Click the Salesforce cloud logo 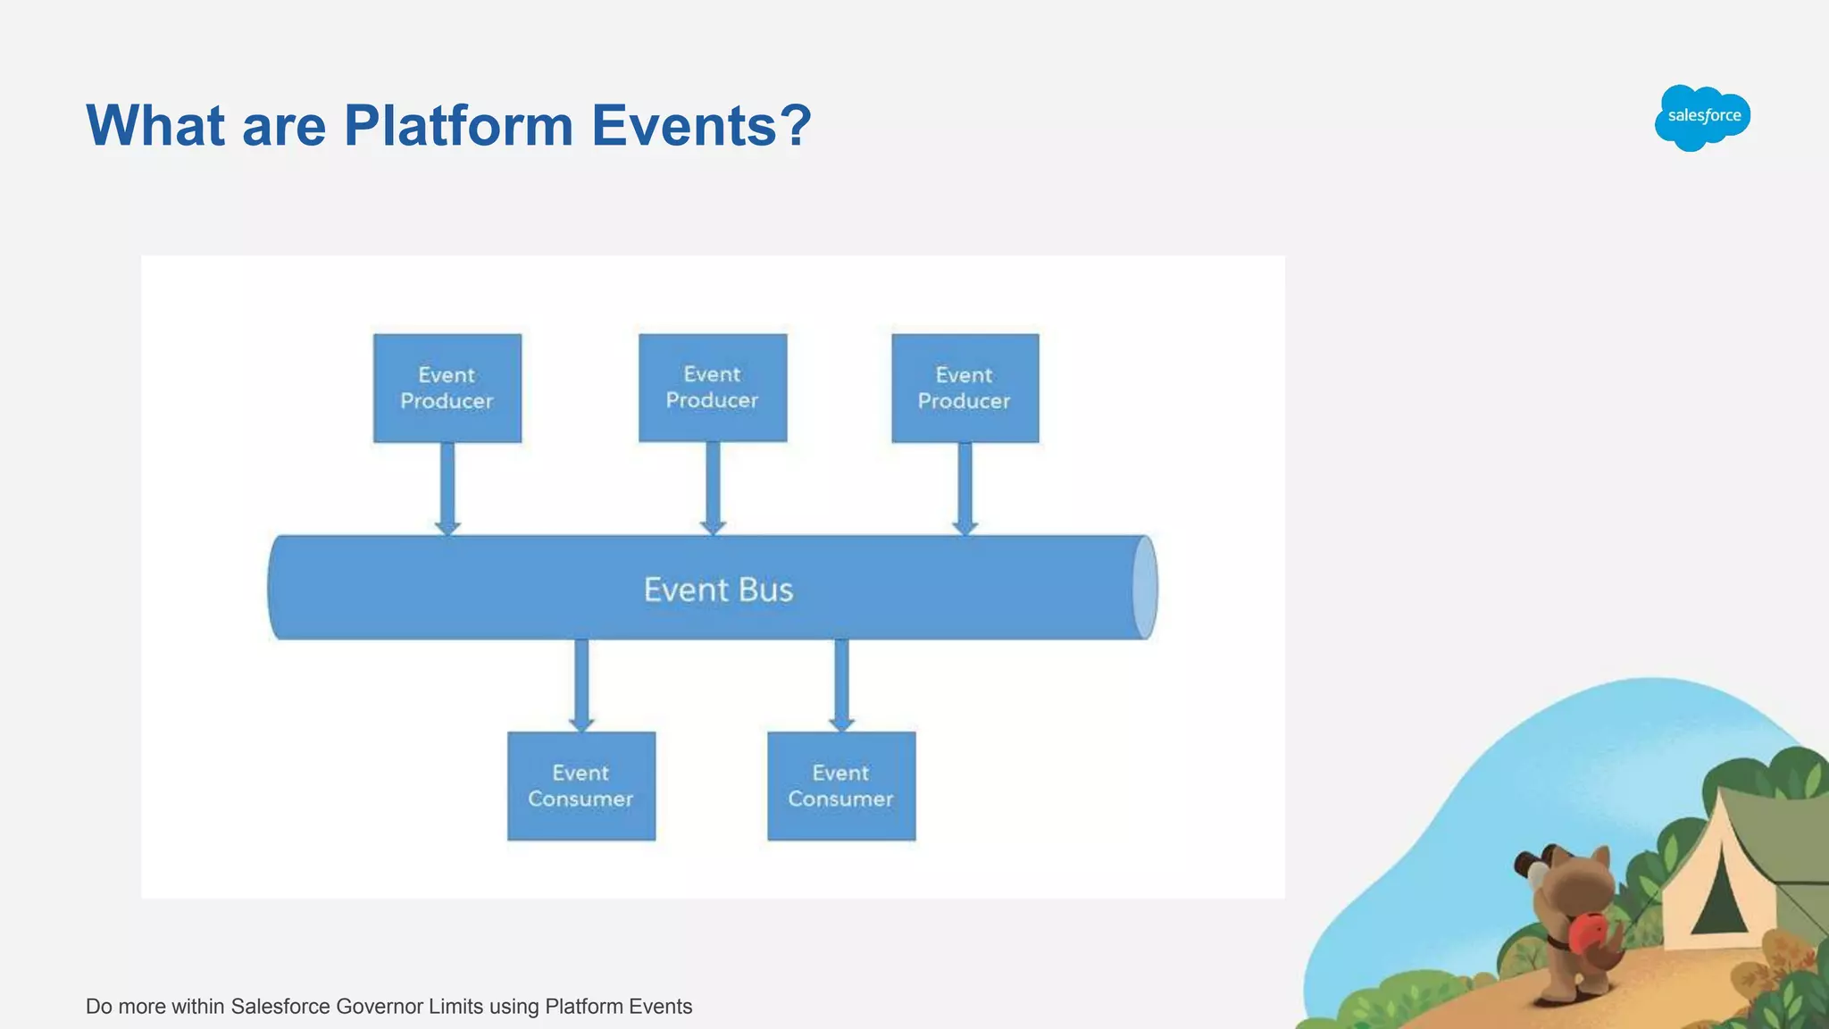[x=1702, y=117]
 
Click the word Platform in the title [x=458, y=125]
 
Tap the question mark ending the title [x=794, y=125]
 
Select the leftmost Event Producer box [x=447, y=389]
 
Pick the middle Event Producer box [x=713, y=388]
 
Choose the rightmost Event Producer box [x=965, y=389]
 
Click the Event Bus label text [x=718, y=590]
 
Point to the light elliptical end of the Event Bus [x=1145, y=588]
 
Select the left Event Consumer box [x=581, y=786]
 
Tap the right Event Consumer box [x=841, y=786]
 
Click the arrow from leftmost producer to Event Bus [x=447, y=488]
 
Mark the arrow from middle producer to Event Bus [x=713, y=488]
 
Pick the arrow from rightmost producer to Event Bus [x=965, y=488]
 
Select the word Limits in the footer [x=455, y=1007]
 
